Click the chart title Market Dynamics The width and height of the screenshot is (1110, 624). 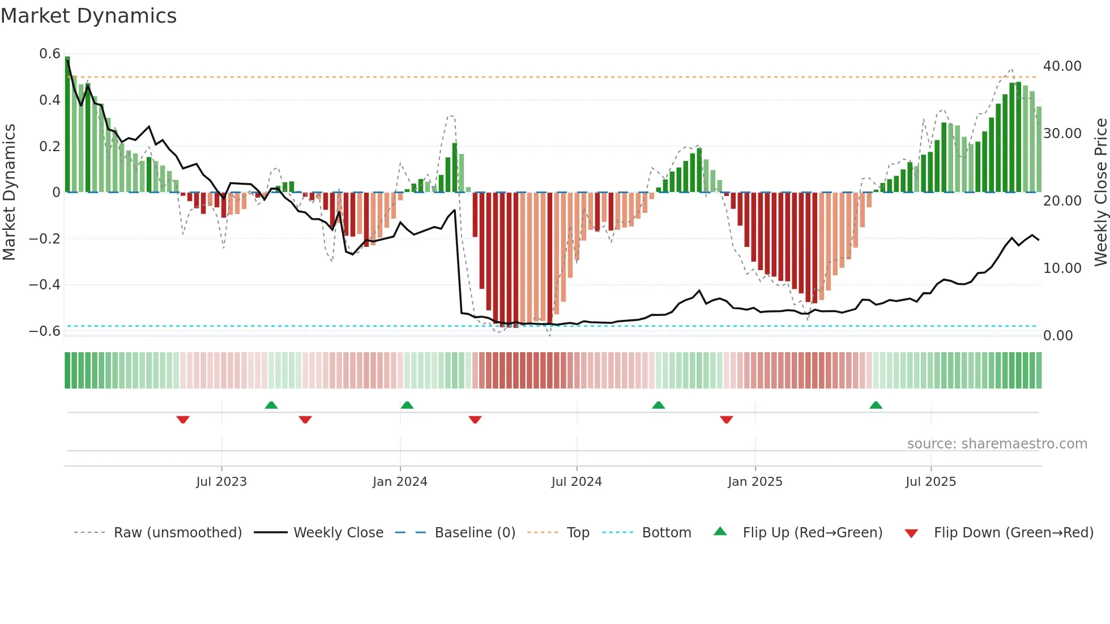coord(88,16)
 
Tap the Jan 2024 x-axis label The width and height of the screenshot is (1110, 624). coord(400,482)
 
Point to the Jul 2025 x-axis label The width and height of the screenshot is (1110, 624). coord(930,482)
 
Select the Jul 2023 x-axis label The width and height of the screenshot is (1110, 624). coord(221,482)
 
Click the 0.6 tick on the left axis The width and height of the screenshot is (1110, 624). coord(50,54)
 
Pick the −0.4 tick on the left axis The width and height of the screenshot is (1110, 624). coord(45,285)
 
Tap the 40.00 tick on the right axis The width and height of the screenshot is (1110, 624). coord(1062,66)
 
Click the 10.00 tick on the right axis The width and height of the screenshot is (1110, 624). coord(1062,268)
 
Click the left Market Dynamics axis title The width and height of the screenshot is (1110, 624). coord(9,193)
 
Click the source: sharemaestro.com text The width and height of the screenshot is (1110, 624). coord(997,444)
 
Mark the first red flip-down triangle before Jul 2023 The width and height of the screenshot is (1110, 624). coord(183,420)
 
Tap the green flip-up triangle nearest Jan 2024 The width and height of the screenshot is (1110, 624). coord(407,405)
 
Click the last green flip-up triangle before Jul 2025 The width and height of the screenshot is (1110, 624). coord(876,405)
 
